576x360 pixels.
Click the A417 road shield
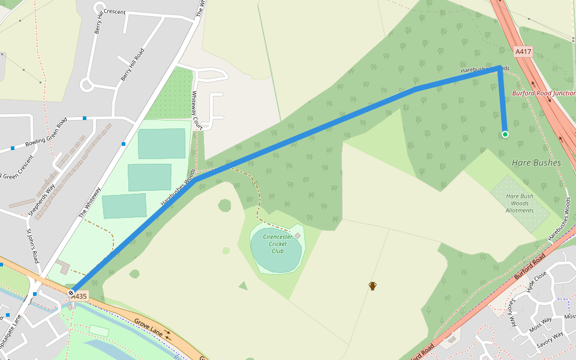click(x=524, y=52)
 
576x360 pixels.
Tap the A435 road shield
click(x=79, y=296)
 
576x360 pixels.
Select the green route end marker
click(x=505, y=134)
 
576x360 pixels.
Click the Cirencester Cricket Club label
click(x=277, y=244)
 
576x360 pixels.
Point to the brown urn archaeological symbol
click(x=373, y=286)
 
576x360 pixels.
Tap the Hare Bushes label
click(x=536, y=163)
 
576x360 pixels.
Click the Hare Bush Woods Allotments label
click(x=520, y=203)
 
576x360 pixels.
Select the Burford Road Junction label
click(x=544, y=94)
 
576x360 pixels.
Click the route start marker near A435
click(x=71, y=293)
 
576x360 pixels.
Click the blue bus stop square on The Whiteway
click(x=124, y=144)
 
